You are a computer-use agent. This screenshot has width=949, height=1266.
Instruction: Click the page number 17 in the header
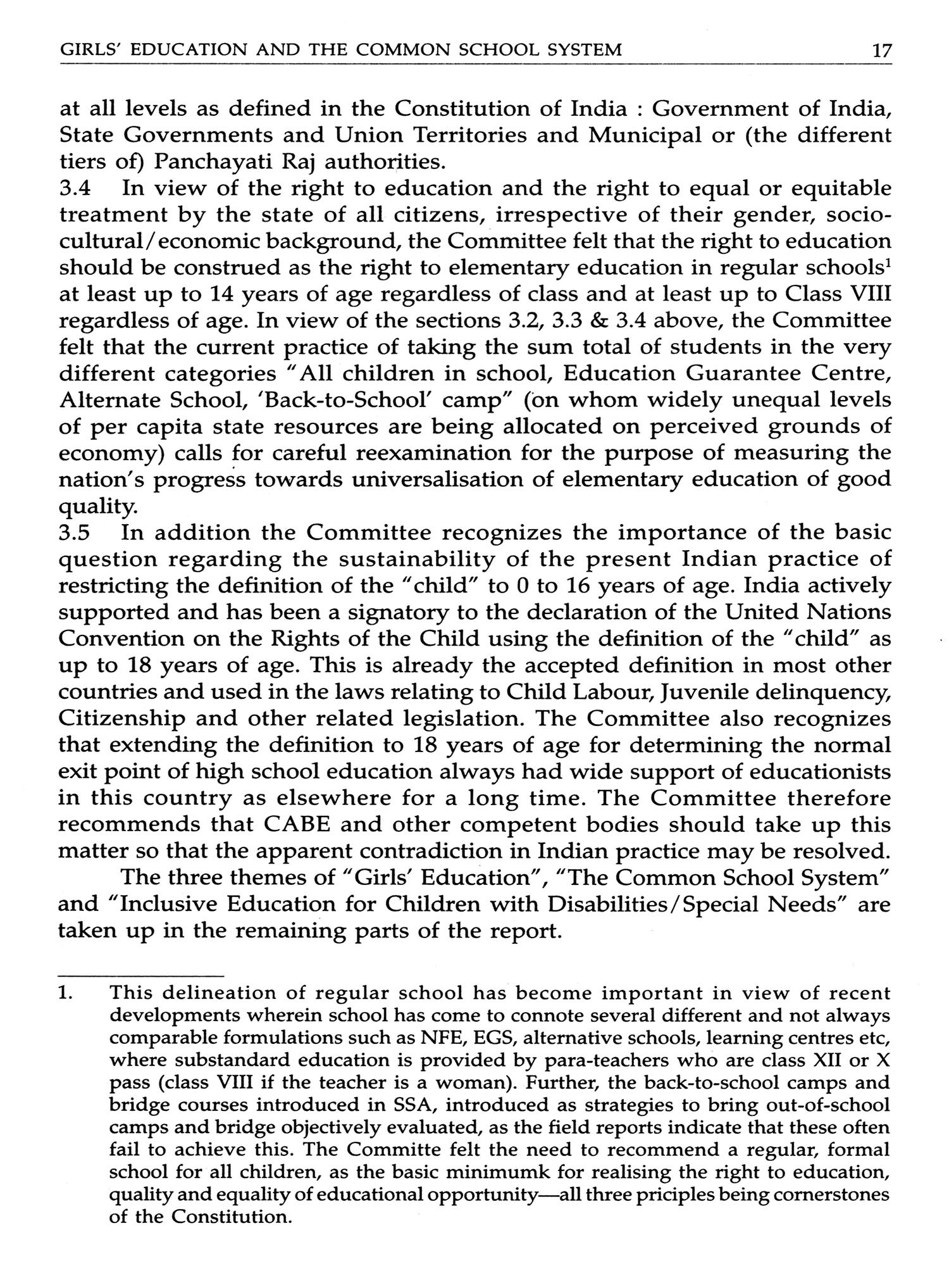click(881, 49)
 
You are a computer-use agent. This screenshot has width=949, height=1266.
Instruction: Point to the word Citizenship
click(122, 719)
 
